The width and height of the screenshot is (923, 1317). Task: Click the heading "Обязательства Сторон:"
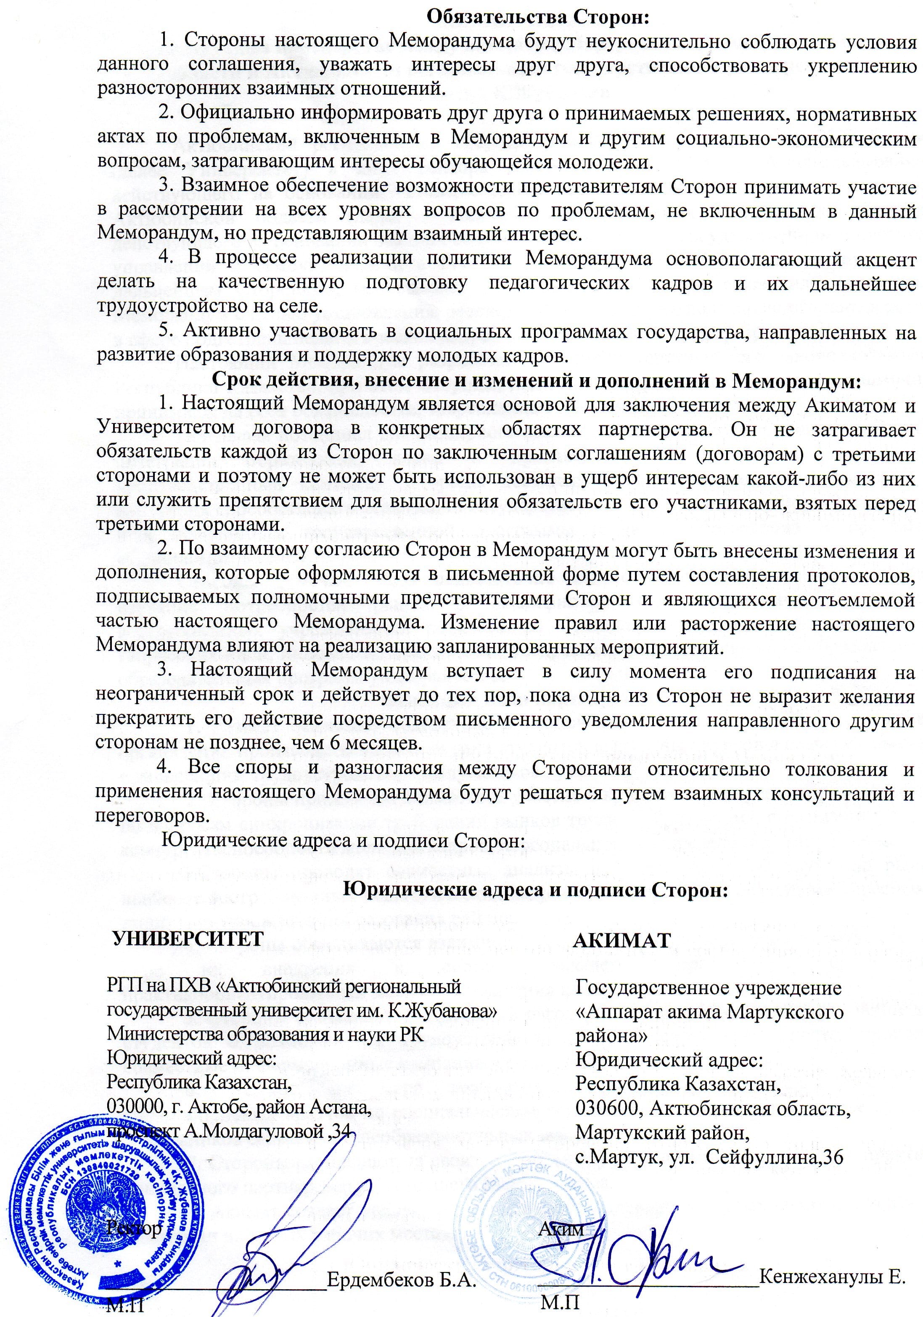tap(537, 17)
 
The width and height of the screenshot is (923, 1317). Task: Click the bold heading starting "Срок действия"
tap(537, 380)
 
